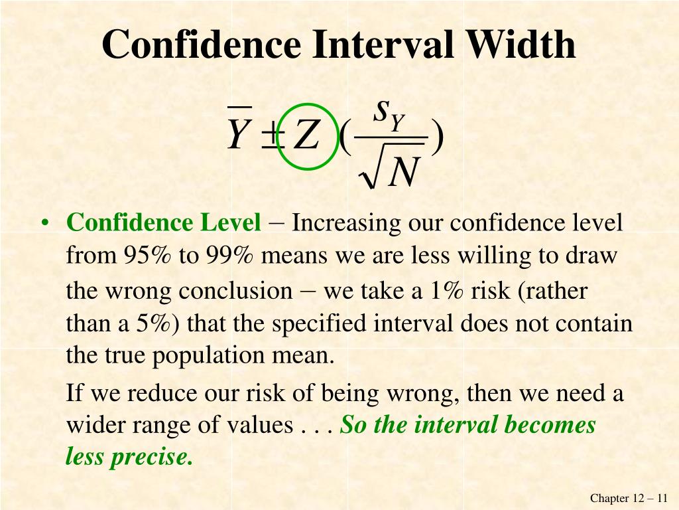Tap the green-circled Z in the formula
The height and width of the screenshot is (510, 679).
[x=307, y=135]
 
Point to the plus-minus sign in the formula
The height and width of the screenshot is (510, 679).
[x=272, y=135]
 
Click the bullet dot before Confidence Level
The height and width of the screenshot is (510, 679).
[x=44, y=223]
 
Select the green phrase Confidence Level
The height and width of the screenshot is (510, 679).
[x=164, y=223]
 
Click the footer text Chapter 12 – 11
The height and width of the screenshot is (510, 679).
[x=629, y=498]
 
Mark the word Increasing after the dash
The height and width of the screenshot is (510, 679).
[x=346, y=223]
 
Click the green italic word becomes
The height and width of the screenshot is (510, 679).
[x=550, y=425]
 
